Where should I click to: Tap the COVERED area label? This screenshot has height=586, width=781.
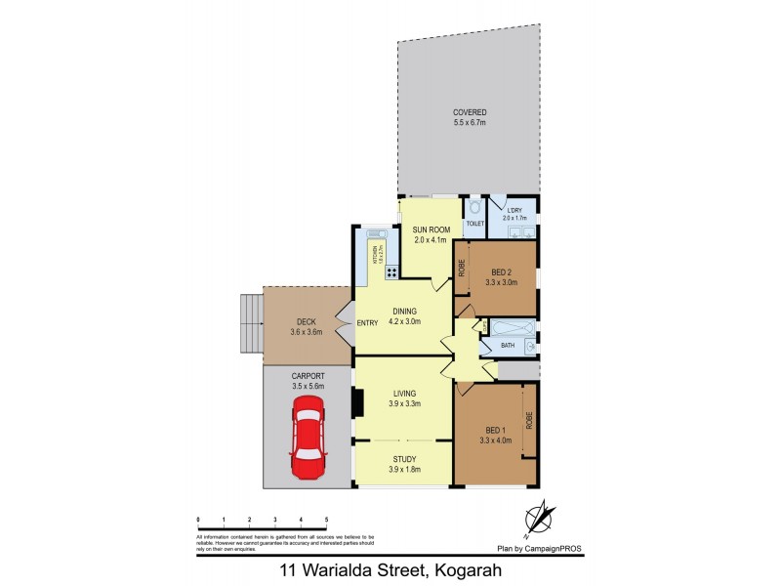coord(470,112)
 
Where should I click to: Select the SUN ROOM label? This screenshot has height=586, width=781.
coord(430,229)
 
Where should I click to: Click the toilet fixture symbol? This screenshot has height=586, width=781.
coord(474,208)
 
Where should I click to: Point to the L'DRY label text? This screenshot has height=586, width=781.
coord(514,206)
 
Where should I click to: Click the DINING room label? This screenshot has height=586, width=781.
coord(403,312)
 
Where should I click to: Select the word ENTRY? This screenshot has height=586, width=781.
coord(367,323)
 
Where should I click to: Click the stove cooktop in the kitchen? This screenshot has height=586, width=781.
coord(390,272)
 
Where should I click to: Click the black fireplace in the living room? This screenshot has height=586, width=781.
coord(359,402)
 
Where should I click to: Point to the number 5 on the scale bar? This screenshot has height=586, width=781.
coord(326,520)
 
